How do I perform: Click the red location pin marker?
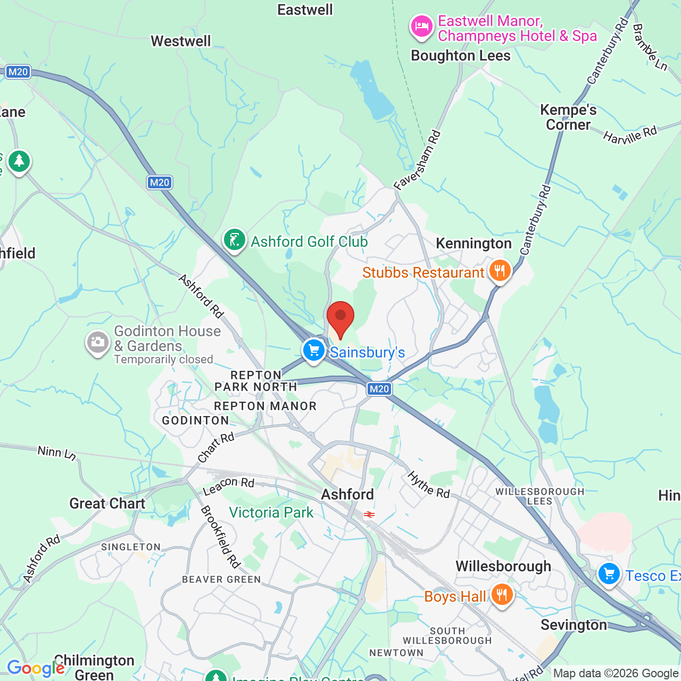pyautogui.click(x=340, y=318)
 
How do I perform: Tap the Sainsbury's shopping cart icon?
pyautogui.click(x=314, y=351)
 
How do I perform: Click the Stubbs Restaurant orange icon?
pyautogui.click(x=499, y=271)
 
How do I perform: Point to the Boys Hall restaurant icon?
pyautogui.click(x=502, y=595)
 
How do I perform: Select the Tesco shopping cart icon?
pyautogui.click(x=609, y=575)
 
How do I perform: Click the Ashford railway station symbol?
pyautogui.click(x=369, y=514)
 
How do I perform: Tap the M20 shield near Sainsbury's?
pyautogui.click(x=379, y=389)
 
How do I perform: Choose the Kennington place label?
pyautogui.click(x=474, y=244)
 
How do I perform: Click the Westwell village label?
pyautogui.click(x=181, y=41)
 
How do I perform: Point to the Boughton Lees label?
pyautogui.click(x=461, y=56)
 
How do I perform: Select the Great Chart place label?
pyautogui.click(x=107, y=503)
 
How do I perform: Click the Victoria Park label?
pyautogui.click(x=271, y=512)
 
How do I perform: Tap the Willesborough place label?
pyautogui.click(x=503, y=566)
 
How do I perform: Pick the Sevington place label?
pyautogui.click(x=574, y=625)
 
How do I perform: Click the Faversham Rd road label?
pyautogui.click(x=418, y=160)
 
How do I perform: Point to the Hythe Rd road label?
pyautogui.click(x=429, y=484)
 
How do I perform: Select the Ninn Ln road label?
pyautogui.click(x=57, y=453)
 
